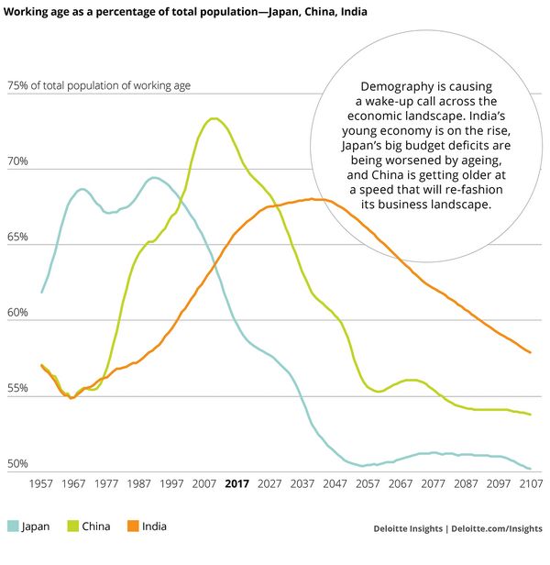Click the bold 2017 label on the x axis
click(x=236, y=484)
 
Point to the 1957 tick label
click(x=42, y=484)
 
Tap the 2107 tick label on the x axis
click(x=529, y=484)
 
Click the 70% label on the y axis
click(x=17, y=162)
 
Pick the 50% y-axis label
click(x=17, y=464)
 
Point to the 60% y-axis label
click(x=17, y=314)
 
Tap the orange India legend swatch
click(x=134, y=526)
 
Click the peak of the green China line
click(x=214, y=118)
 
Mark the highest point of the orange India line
click(x=313, y=199)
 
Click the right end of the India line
click(x=530, y=352)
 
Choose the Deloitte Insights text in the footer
click(x=410, y=528)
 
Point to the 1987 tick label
click(x=139, y=484)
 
